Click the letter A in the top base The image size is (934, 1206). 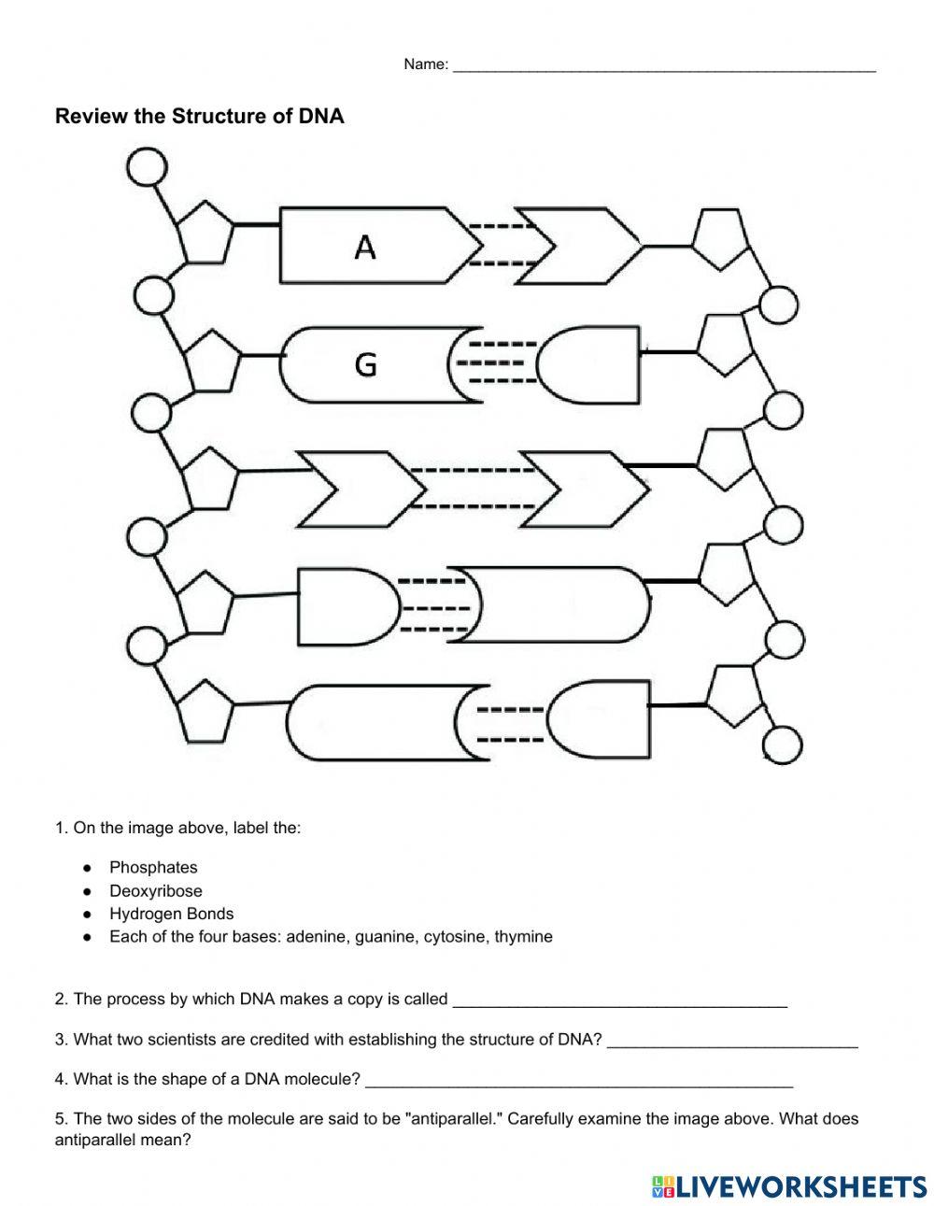[365, 248]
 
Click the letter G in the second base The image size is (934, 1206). [366, 364]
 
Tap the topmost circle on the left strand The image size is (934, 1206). [146, 169]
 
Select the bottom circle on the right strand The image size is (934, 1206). [783, 745]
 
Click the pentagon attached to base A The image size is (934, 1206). [205, 232]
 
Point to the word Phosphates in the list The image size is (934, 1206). [153, 868]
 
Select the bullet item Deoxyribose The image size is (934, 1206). [155, 891]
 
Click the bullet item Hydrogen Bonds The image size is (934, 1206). [171, 914]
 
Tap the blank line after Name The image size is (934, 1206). [663, 65]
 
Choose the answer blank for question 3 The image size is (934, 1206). [732, 1041]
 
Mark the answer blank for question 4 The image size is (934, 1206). [579, 1081]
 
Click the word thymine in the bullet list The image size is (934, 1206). [523, 936]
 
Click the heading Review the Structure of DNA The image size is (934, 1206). [200, 117]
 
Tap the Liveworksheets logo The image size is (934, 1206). [788, 1185]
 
